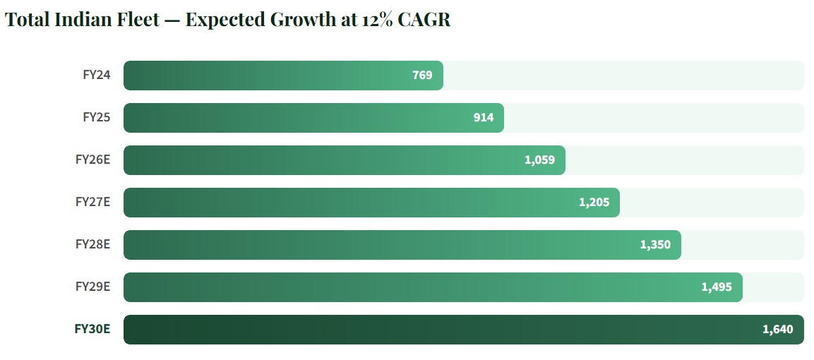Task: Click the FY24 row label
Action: [97, 75]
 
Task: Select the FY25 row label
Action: [97, 117]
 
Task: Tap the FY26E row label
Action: [92, 160]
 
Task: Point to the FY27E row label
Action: [92, 202]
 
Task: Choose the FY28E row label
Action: [92, 244]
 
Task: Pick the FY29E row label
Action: [92, 287]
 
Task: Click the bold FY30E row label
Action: [92, 329]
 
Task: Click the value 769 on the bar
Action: [422, 75]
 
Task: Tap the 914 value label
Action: [484, 117]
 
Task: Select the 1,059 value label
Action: [539, 160]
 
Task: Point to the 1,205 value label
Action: [594, 202]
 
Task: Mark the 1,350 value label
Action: [655, 244]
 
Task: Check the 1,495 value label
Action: [717, 287]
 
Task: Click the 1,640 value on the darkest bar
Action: [778, 329]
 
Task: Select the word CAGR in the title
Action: [424, 20]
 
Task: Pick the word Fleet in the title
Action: [136, 20]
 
